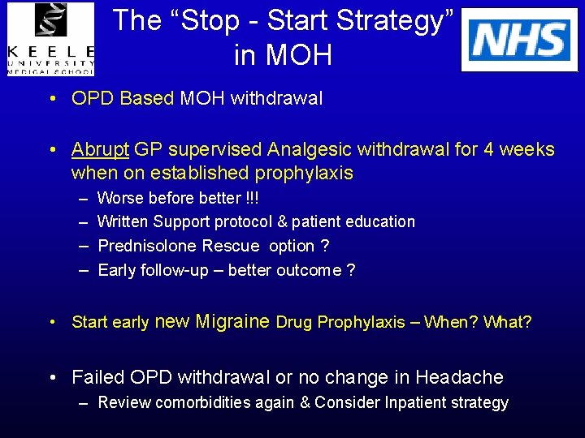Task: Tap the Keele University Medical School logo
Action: (x=50, y=39)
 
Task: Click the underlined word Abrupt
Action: (x=100, y=149)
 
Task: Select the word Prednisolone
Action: (x=149, y=246)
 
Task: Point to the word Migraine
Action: (x=232, y=321)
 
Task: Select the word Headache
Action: (x=459, y=377)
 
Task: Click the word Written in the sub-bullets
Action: (x=122, y=221)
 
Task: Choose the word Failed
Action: (x=98, y=377)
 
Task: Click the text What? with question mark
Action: (x=507, y=322)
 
